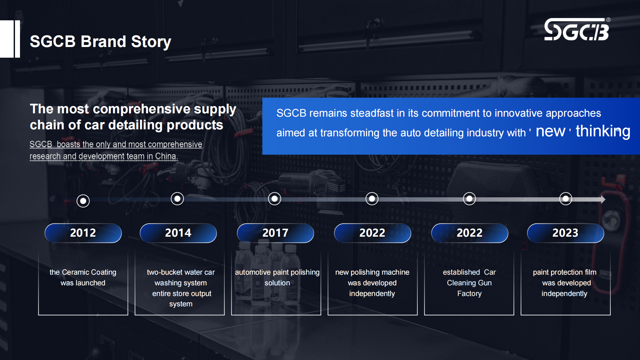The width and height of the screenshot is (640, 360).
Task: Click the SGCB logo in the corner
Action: (x=577, y=30)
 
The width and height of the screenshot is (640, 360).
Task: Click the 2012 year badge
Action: (x=83, y=233)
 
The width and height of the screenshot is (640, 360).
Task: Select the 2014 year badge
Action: (x=178, y=233)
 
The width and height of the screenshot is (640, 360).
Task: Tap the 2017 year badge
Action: (x=275, y=233)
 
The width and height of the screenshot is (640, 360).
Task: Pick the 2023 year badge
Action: (x=565, y=233)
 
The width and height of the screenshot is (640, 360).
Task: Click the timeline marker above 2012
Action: (x=83, y=201)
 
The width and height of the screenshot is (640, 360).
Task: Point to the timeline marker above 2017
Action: (x=275, y=199)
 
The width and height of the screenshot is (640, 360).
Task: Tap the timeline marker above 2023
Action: (x=566, y=199)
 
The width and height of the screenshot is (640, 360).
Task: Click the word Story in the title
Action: (x=151, y=42)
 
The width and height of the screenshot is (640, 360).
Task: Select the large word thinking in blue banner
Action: (x=603, y=131)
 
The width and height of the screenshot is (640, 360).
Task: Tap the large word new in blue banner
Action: (x=550, y=131)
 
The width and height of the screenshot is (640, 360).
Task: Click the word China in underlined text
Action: (x=166, y=156)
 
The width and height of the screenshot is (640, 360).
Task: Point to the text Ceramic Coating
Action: (x=89, y=272)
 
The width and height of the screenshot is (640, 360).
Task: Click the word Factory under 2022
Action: (x=469, y=294)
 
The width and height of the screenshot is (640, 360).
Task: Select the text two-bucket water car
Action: (x=181, y=272)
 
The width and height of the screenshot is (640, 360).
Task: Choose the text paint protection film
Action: (x=564, y=272)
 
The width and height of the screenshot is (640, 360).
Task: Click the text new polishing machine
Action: (x=372, y=272)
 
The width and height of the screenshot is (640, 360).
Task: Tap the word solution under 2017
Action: (x=277, y=283)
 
